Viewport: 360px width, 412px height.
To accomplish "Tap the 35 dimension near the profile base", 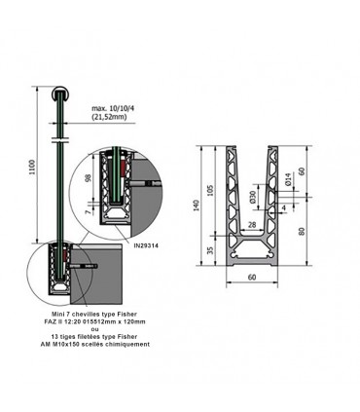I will coord(208,250).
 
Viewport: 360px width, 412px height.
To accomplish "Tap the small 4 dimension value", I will coord(283,207).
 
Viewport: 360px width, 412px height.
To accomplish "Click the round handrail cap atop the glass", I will coord(60,97).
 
